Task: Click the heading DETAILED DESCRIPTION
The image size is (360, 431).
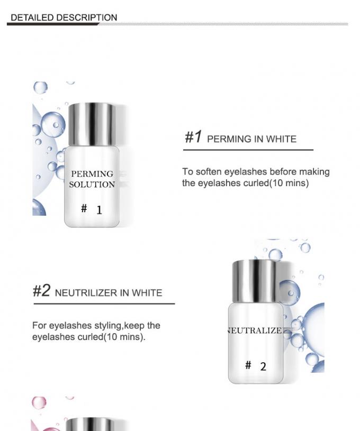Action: click(x=64, y=17)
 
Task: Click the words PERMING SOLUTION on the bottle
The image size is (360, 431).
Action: click(x=92, y=179)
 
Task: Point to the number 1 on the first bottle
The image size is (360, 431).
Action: click(x=99, y=210)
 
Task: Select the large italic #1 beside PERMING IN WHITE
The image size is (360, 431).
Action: click(x=193, y=136)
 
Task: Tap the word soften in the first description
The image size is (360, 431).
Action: click(x=209, y=171)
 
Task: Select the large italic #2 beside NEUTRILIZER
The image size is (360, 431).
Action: click(x=42, y=290)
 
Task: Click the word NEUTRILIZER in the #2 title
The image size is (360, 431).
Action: click(x=86, y=293)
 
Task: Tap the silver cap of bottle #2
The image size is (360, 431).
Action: click(x=254, y=281)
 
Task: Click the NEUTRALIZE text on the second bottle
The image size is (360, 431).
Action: click(x=255, y=331)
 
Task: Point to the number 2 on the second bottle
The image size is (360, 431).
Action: click(x=263, y=366)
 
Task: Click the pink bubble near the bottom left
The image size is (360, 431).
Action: click(x=39, y=402)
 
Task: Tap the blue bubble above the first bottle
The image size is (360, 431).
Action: click(x=40, y=88)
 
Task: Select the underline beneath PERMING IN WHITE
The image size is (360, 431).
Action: click(x=248, y=150)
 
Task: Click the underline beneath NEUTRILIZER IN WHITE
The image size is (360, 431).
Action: click(x=104, y=304)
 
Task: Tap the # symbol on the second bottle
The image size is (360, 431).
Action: click(x=248, y=365)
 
